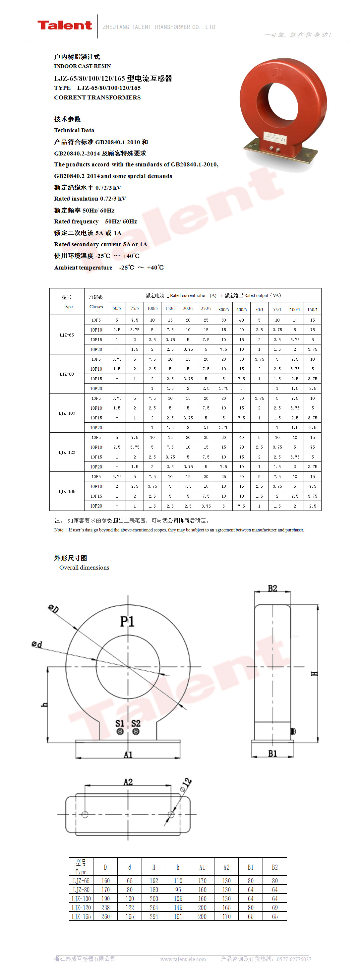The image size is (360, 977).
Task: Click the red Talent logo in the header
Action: point(65,26)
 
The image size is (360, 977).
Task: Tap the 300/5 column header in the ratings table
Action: point(223,310)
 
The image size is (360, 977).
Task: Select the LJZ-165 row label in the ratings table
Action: point(67,492)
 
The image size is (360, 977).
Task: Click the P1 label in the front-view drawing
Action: point(127,622)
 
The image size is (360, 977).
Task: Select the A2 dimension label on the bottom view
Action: point(128,782)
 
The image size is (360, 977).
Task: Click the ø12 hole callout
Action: point(186,784)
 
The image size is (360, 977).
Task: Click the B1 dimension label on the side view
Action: point(272,754)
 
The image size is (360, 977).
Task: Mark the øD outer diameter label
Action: point(53,609)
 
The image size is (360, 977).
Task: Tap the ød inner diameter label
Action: point(37,644)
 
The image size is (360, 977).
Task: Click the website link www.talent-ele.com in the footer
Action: point(183,959)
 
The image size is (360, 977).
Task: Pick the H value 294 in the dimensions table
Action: point(153,917)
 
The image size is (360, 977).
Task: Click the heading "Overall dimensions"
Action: point(84,567)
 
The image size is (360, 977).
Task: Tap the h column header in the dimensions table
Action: point(178,867)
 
